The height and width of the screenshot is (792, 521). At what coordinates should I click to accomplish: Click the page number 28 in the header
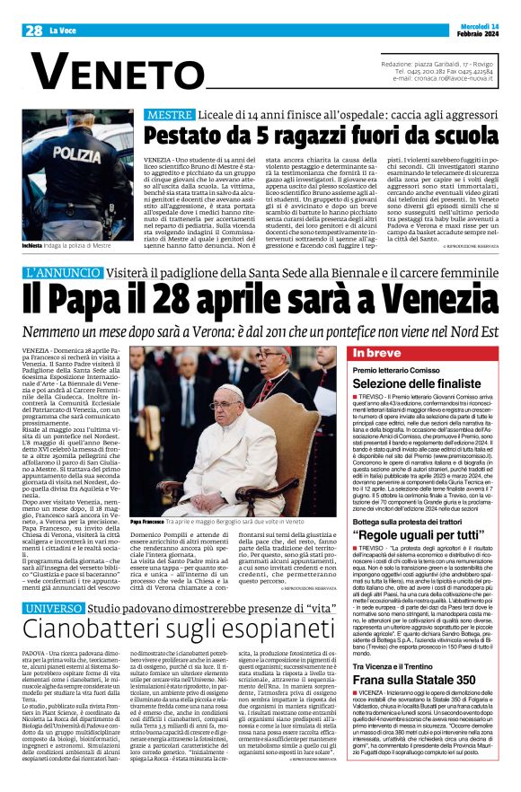click(x=34, y=30)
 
